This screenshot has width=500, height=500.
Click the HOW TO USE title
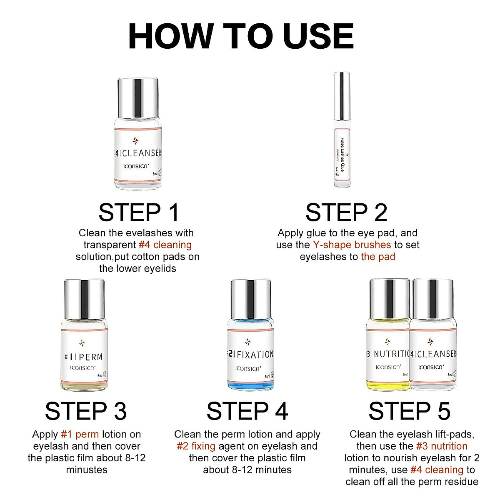coord(241,36)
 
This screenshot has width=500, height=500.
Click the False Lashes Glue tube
coord(342,129)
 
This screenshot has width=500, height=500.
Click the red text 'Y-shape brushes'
coord(352,245)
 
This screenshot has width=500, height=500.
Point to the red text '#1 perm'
coord(80,434)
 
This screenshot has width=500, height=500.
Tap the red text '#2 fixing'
coord(196,446)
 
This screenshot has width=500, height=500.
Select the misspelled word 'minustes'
coord(87,470)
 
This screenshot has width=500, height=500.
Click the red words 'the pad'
coord(378,257)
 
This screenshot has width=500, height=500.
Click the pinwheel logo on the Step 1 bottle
coord(135,140)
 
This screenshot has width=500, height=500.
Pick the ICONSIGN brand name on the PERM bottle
coord(83,367)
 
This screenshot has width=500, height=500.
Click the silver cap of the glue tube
coord(342,96)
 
